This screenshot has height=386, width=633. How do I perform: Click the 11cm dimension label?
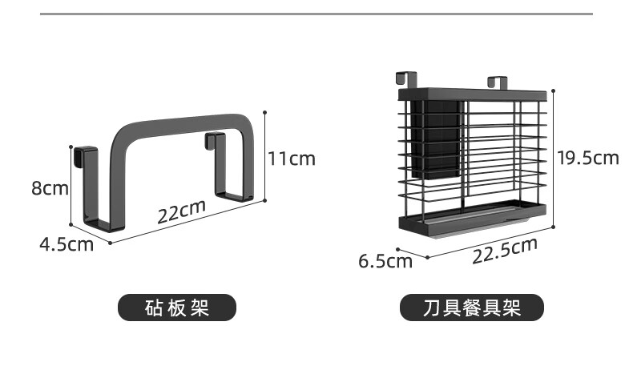(x=291, y=159)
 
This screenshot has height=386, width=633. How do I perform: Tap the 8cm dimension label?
(x=49, y=188)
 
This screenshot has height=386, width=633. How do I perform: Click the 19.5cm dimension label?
(x=588, y=157)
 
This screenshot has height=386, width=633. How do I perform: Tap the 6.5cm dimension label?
(x=385, y=261)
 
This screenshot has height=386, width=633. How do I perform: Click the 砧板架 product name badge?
(x=177, y=308)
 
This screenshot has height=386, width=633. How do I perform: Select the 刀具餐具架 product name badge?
(x=471, y=308)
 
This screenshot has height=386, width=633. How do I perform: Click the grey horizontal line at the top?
(x=316, y=14)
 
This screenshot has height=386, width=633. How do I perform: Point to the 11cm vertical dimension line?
(x=264, y=156)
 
